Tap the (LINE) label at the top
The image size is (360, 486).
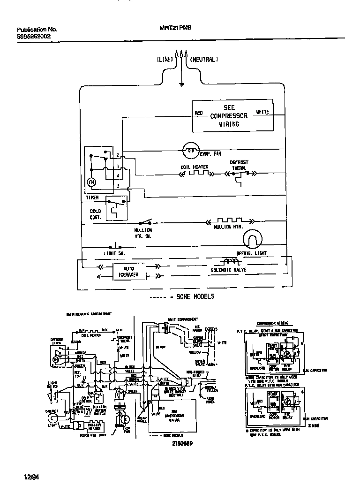[x=165, y=60]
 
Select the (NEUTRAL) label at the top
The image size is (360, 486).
[x=204, y=60]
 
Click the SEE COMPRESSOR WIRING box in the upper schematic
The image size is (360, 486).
[x=232, y=116]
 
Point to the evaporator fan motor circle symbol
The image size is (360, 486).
[x=191, y=150]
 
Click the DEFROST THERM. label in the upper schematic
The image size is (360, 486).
[x=239, y=165]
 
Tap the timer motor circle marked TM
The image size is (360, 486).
[x=92, y=181]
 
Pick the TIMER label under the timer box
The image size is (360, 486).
[x=92, y=197]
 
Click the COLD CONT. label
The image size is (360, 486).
[x=95, y=214]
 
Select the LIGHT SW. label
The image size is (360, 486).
[x=114, y=253]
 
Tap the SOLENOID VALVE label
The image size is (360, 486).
[x=228, y=270]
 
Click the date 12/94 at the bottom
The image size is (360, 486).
[x=31, y=477]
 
